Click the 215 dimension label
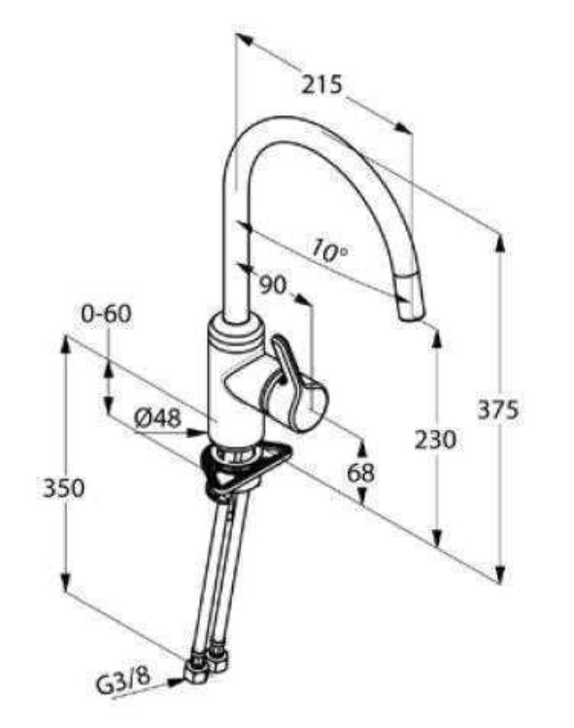(321, 85)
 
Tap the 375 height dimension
(498, 410)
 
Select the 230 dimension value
(435, 439)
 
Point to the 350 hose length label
(64, 488)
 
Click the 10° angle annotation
(329, 250)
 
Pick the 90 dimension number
(273, 284)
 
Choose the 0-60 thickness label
(106, 314)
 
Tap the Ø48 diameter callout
(157, 418)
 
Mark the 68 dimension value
(361, 473)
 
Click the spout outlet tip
(412, 314)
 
